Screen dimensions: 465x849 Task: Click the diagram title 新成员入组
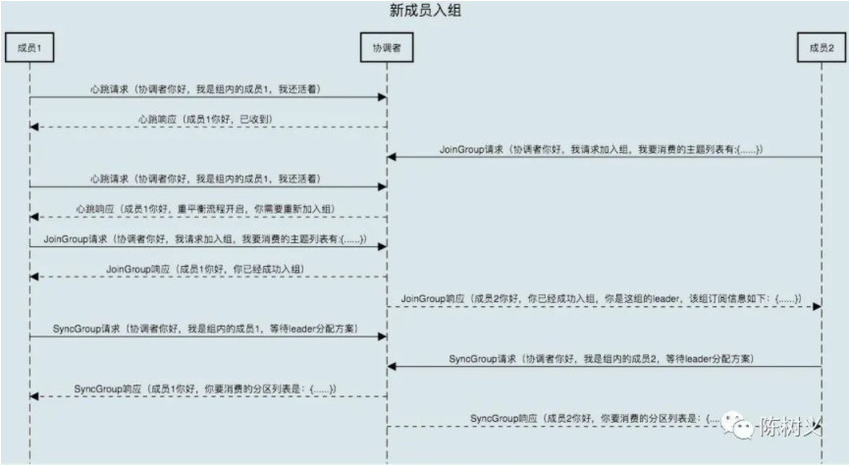424,11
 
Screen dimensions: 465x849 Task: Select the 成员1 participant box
28,47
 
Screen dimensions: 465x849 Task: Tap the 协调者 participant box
386,47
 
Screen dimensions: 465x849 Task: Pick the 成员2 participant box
821,47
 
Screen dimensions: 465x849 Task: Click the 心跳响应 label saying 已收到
207,119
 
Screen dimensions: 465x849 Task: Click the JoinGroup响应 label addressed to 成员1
206,268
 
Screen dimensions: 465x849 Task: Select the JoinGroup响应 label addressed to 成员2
603,297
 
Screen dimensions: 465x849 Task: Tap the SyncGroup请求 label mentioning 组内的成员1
206,328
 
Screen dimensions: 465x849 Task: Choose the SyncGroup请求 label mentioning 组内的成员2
603,358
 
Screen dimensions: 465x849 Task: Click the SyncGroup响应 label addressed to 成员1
206,388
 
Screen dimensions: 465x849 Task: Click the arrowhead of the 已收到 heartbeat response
34,128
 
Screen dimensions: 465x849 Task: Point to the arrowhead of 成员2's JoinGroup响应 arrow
816,307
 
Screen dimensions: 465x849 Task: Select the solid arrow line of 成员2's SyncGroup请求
603,367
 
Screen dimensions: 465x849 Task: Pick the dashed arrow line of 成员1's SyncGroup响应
206,397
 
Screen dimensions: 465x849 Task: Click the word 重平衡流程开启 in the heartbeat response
233,209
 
